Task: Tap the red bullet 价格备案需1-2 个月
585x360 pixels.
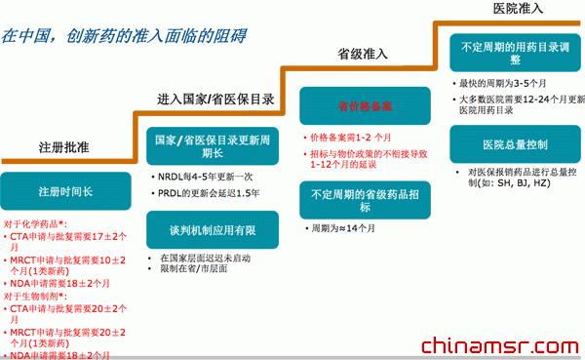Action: point(356,137)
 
